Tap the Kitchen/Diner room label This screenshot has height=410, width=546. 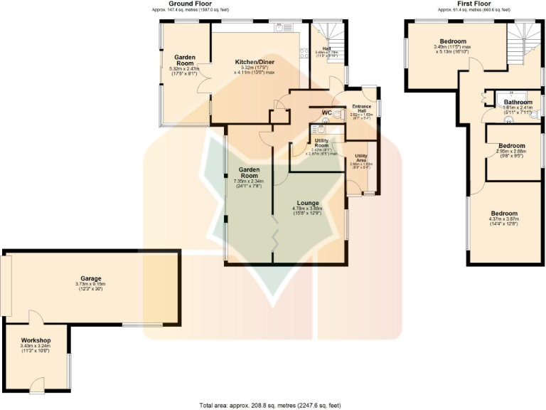[259, 62]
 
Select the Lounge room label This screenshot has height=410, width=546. [308, 203]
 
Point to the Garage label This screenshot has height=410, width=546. [91, 278]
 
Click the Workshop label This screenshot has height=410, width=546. [35, 340]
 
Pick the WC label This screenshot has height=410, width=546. [327, 113]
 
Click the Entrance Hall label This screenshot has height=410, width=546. [361, 107]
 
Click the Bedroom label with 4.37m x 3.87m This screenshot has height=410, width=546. [504, 214]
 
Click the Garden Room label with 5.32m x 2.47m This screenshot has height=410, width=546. [186, 59]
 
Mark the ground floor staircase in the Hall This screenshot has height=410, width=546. [328, 32]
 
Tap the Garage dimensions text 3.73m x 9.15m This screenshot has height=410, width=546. [91, 285]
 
